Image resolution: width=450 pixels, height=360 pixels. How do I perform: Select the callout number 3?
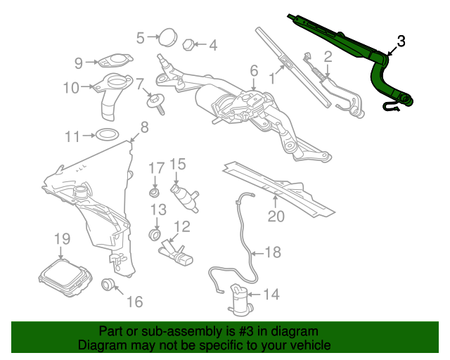401,41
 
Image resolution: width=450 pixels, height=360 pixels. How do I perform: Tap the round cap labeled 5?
167,37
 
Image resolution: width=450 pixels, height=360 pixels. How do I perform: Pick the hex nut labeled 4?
188,44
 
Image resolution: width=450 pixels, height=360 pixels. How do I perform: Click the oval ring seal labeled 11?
107,134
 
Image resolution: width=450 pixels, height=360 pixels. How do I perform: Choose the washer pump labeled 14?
240,300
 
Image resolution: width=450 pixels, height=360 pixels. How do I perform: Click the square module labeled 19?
65,278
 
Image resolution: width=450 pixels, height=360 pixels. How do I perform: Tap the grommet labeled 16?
108,284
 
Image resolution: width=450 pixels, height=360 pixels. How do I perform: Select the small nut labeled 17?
155,192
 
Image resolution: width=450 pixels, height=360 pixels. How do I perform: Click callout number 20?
276,216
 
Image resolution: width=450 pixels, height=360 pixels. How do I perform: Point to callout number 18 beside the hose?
273,252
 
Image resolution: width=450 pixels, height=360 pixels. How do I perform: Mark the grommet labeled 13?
155,234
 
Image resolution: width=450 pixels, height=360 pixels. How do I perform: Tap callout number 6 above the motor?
254,71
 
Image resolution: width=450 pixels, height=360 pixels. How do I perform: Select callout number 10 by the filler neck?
71,88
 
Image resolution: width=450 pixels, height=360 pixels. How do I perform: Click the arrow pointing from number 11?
89,135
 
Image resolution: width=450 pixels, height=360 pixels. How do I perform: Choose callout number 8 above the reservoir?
144,127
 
